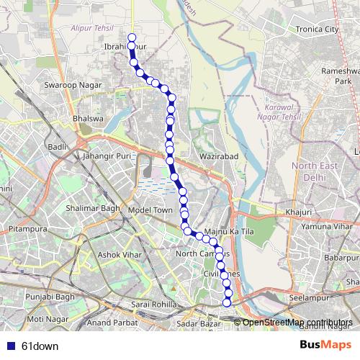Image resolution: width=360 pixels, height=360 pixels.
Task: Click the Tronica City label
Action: click(x=311, y=30)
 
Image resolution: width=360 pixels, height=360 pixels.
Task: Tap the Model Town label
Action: click(x=150, y=210)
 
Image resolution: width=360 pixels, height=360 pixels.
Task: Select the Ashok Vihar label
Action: click(x=117, y=254)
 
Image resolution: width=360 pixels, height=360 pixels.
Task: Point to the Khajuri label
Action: click(x=298, y=212)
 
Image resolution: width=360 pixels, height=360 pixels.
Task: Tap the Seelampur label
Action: click(x=309, y=297)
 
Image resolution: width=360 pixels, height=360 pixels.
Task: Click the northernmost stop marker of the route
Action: click(x=131, y=37)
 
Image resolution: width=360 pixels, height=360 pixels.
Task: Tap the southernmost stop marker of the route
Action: click(x=228, y=302)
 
